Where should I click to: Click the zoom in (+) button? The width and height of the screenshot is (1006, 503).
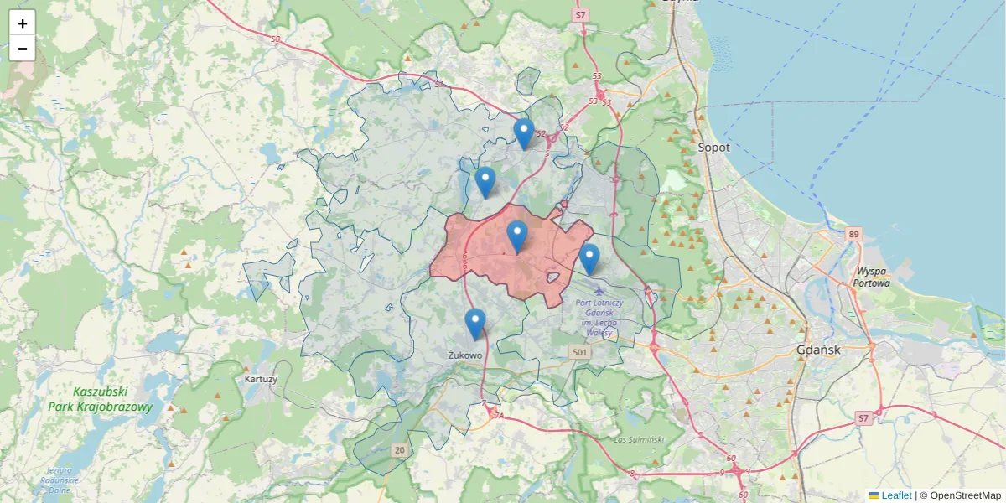(x=23, y=23)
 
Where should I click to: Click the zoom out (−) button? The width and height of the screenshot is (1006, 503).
(x=23, y=49)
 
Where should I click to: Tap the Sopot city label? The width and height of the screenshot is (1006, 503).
(x=714, y=148)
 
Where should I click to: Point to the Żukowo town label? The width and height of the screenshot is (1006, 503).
(x=465, y=355)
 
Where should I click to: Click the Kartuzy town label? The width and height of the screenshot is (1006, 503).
(x=261, y=379)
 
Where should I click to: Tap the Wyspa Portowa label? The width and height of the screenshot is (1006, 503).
(x=871, y=277)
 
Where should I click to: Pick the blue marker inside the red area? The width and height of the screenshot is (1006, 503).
(x=517, y=237)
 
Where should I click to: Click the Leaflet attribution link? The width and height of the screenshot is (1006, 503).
(x=895, y=495)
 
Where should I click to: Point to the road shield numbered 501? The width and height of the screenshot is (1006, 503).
(x=579, y=352)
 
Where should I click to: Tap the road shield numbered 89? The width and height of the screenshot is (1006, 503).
(x=853, y=235)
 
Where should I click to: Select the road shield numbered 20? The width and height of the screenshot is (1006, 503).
(x=400, y=450)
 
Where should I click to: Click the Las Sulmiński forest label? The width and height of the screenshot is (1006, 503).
(x=639, y=439)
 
